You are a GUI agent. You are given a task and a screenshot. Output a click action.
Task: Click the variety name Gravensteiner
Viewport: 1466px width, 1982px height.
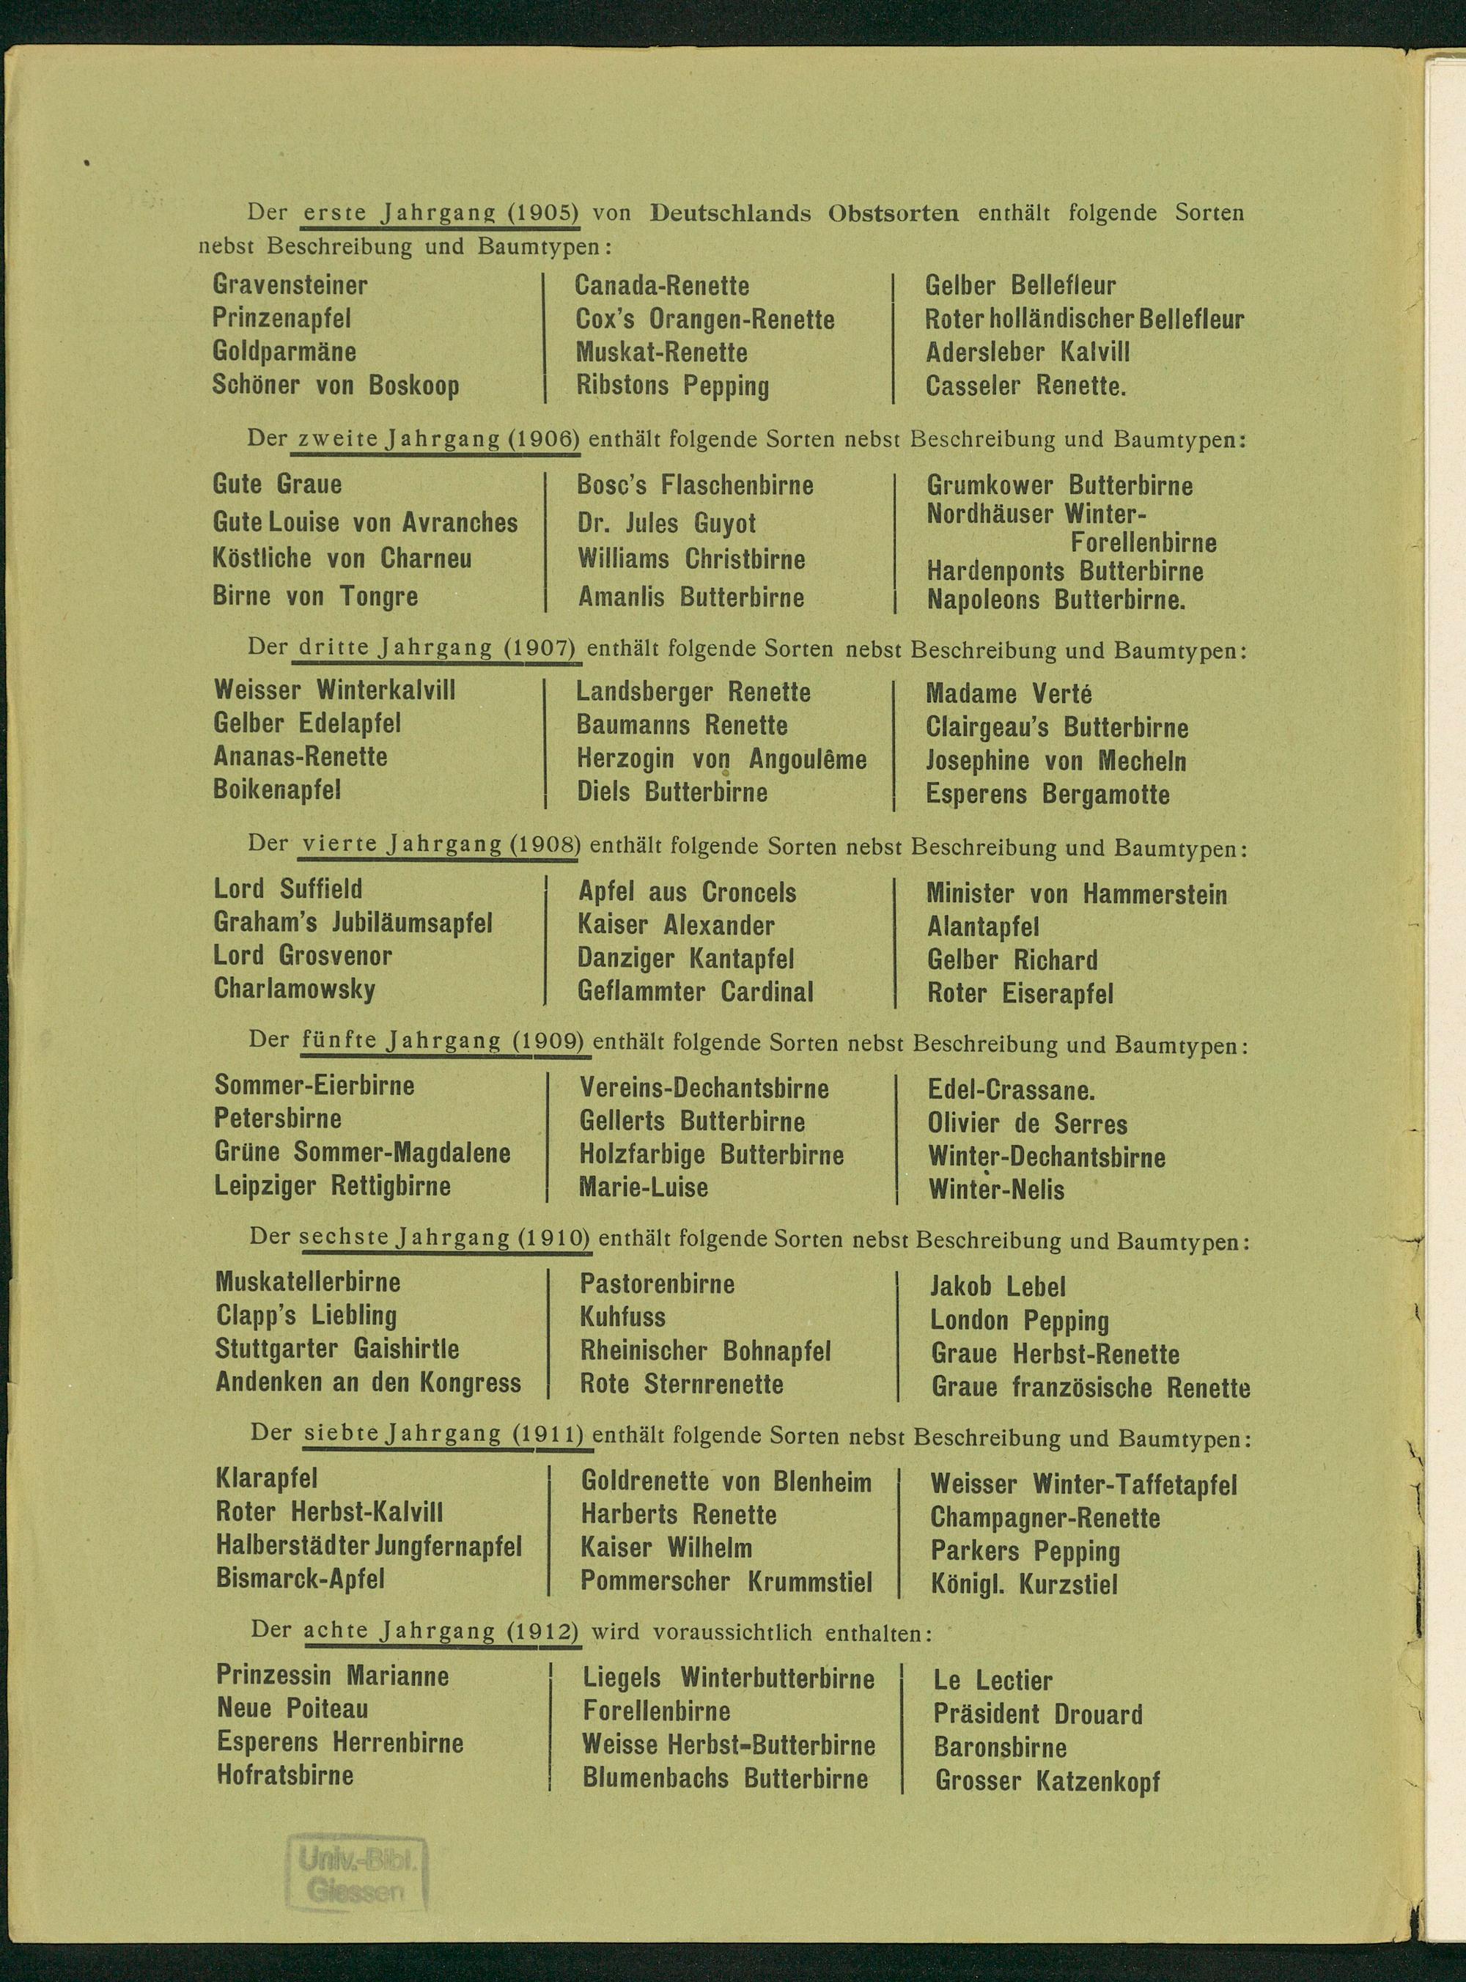[x=290, y=285]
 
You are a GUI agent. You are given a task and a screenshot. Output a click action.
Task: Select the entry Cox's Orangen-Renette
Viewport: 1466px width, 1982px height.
[x=704, y=319]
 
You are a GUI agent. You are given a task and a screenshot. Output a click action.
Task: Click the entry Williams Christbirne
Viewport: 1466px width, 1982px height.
[x=691, y=559]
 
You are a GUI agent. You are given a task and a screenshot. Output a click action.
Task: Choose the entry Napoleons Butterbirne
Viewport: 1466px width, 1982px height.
[x=1056, y=600]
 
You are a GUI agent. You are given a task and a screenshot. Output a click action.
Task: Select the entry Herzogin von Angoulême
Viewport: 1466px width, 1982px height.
[x=721, y=759]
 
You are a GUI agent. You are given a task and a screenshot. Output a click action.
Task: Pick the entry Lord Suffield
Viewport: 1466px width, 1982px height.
[x=288, y=889]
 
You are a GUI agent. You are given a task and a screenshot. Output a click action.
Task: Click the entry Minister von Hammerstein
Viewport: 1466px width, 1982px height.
[x=1077, y=894]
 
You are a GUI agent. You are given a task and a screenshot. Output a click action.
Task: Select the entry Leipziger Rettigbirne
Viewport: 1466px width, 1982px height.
[x=333, y=1185]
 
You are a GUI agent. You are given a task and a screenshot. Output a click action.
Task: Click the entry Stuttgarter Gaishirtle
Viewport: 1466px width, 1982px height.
[x=337, y=1349]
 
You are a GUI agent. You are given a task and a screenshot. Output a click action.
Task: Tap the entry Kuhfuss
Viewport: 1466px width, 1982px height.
[x=622, y=1316]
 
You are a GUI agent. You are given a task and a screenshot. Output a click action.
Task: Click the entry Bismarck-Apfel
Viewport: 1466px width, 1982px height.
[x=300, y=1578]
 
